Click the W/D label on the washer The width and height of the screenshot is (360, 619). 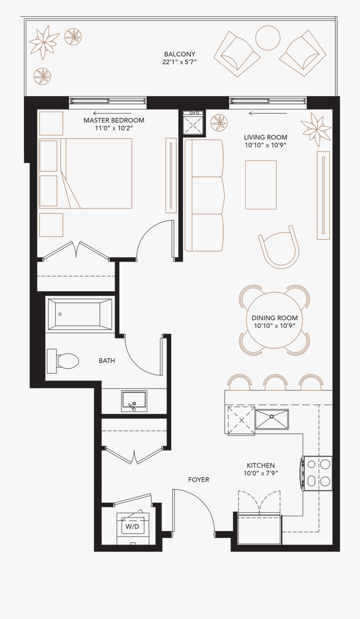click(132, 527)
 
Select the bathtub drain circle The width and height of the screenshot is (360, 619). click(60, 314)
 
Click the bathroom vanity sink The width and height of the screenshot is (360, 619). click(134, 401)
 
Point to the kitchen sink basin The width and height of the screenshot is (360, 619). click(272, 419)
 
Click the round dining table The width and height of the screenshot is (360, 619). click(274, 320)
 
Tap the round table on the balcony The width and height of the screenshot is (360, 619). click(268, 38)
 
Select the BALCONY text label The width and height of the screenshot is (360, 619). click(180, 54)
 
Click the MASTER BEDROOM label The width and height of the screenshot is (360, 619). click(114, 120)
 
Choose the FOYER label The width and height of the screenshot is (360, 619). click(199, 480)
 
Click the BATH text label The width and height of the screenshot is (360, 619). click(107, 361)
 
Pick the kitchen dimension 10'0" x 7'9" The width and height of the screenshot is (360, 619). click(260, 473)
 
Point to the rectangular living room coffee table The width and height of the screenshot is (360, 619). click(261, 185)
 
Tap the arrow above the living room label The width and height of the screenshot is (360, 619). click(268, 113)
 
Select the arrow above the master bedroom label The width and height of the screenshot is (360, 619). click(112, 113)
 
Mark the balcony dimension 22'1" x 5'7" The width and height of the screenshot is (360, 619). click(180, 62)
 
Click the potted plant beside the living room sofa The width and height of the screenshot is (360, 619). click(219, 123)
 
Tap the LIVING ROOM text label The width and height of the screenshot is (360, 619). click(266, 137)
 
